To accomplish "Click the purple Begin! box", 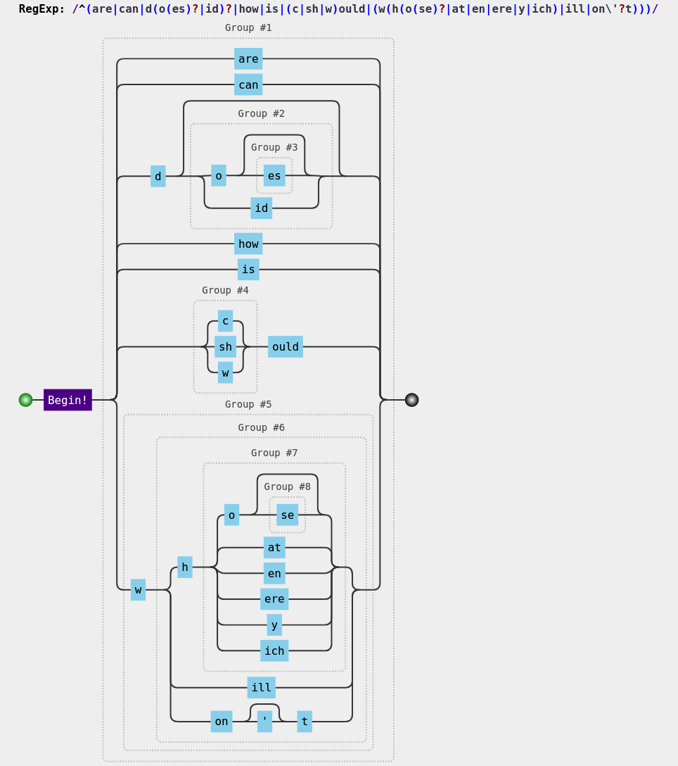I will point(68,400).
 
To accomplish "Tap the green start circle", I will point(26,400).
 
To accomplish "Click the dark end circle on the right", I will point(411,400).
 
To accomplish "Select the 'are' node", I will point(248,59).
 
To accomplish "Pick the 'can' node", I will point(248,85).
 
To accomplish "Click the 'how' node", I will point(248,244).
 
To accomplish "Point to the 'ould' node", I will point(286,347).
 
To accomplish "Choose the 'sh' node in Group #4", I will point(225,347).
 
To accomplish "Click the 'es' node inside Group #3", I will point(274,176).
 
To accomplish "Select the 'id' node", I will point(262,208).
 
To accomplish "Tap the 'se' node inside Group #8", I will point(287,515).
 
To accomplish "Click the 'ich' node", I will point(274,651).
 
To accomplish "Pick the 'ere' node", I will point(274,599).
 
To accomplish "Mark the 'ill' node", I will point(262,688).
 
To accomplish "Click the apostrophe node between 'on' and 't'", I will point(264,722).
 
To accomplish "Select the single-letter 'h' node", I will point(185,567).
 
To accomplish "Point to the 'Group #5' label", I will point(248,404).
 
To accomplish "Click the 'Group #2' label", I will point(262,113).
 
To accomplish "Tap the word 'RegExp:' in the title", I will point(41,9).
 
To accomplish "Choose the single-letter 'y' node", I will point(274,625).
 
